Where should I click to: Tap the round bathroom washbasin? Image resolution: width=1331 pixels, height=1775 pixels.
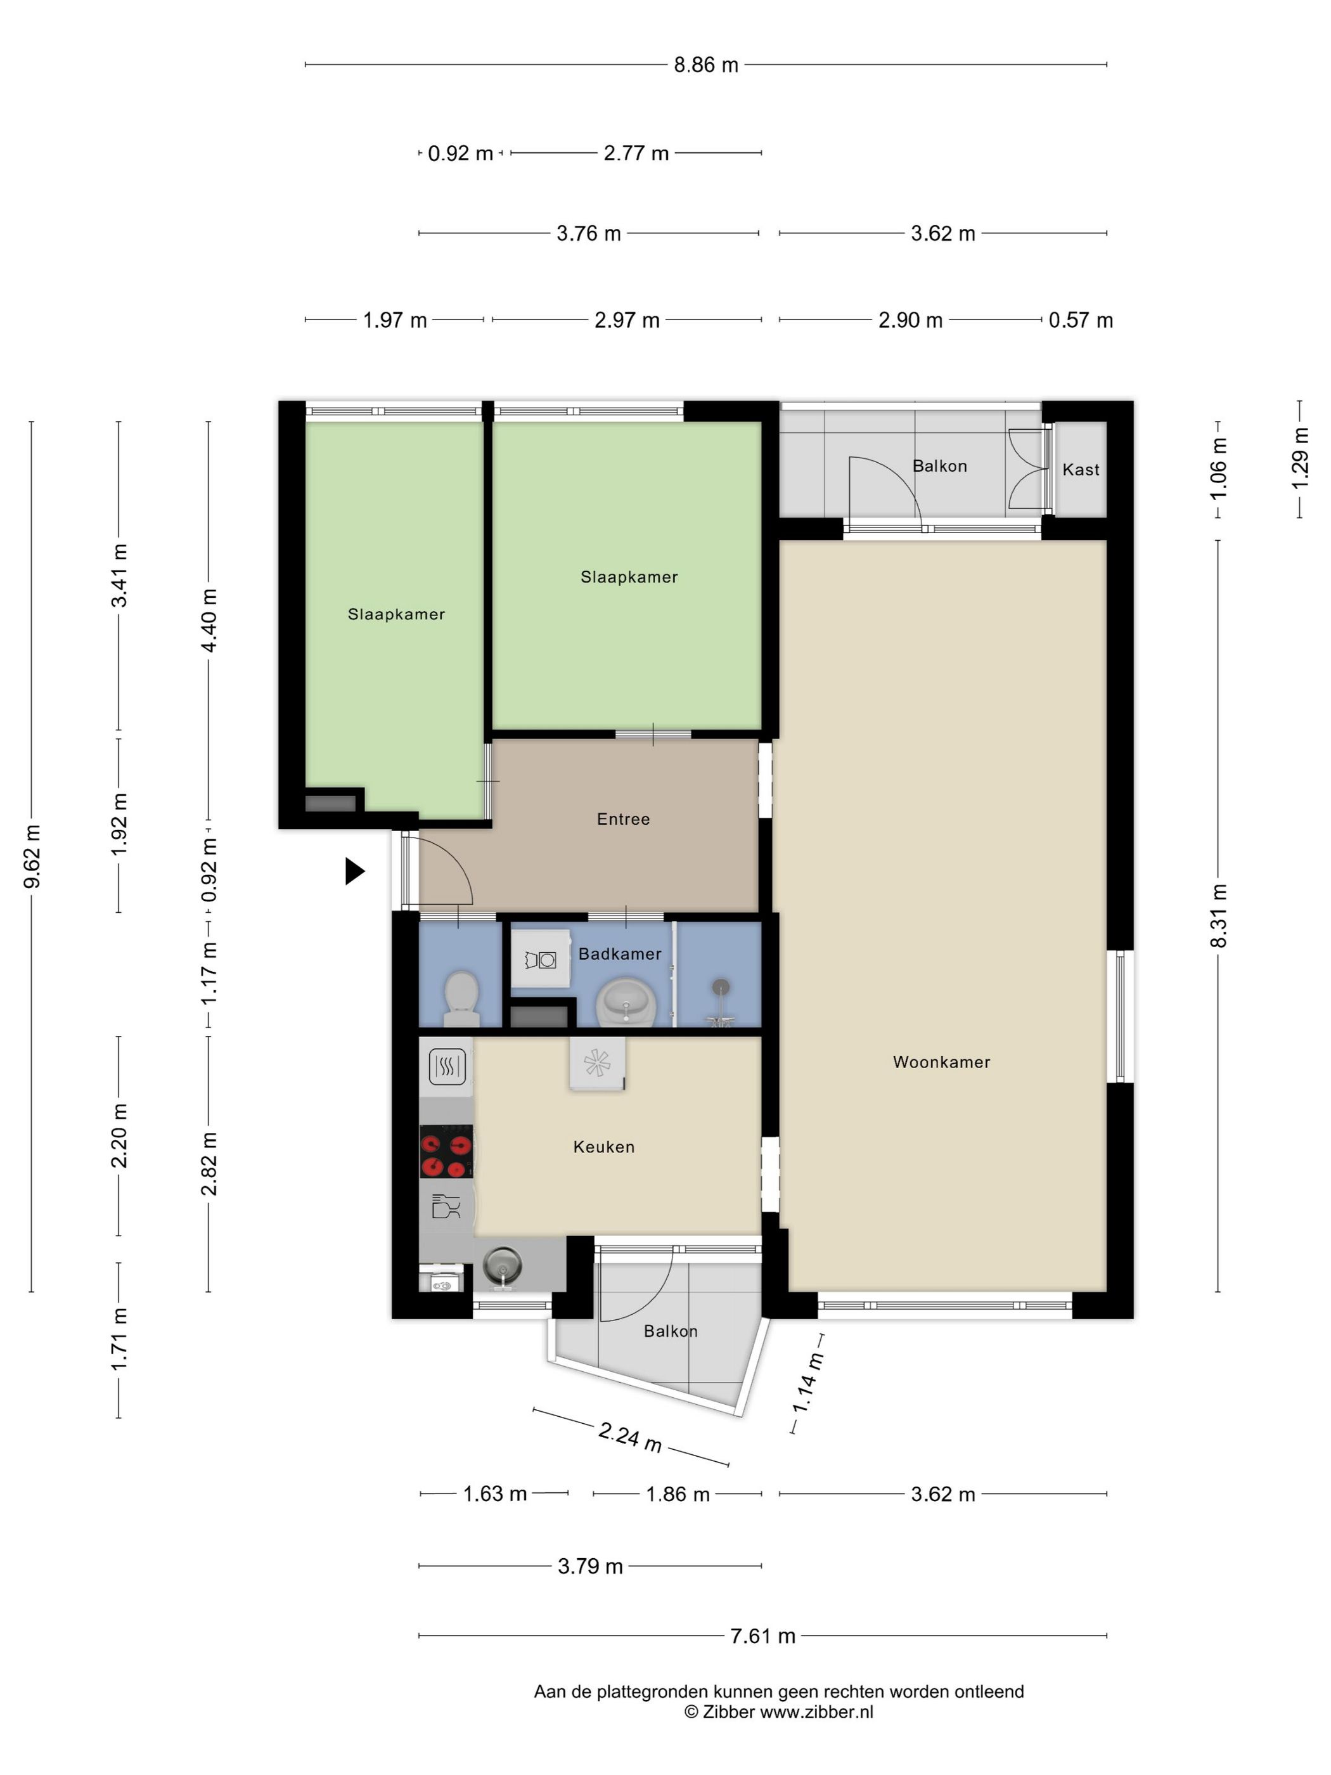click(627, 1002)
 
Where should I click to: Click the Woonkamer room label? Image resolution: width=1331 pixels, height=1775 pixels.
click(941, 1062)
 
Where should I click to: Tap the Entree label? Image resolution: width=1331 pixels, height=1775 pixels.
click(624, 818)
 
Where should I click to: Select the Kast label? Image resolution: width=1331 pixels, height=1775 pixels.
click(1081, 470)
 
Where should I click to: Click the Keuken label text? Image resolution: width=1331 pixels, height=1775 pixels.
click(603, 1147)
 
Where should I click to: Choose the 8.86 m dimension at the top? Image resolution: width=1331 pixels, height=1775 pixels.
click(706, 65)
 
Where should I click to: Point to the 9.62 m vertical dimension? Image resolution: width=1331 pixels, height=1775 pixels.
click(33, 856)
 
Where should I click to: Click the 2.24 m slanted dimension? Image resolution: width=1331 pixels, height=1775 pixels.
click(631, 1437)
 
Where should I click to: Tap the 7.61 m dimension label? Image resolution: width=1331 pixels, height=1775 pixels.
click(763, 1636)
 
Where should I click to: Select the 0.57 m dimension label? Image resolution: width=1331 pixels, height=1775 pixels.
click(1081, 320)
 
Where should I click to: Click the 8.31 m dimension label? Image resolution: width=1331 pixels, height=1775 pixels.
click(1219, 915)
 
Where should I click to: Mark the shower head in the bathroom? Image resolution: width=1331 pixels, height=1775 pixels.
click(722, 986)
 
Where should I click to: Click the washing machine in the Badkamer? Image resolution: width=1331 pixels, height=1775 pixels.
click(541, 960)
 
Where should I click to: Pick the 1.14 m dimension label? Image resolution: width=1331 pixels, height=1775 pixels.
click(808, 1382)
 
